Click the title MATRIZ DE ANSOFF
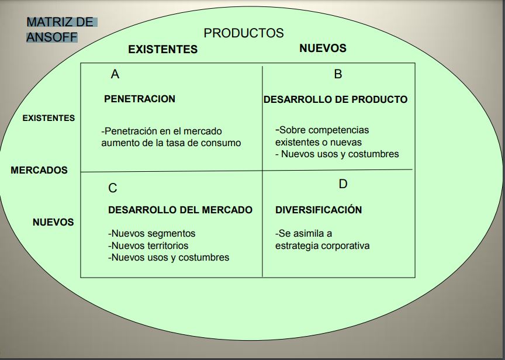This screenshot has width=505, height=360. tap(59, 30)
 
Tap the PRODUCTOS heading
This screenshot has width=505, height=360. tap(244, 33)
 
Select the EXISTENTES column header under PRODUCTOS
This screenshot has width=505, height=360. tap(162, 49)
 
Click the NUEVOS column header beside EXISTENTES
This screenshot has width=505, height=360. tap(323, 48)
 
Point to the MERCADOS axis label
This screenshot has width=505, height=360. tap(39, 170)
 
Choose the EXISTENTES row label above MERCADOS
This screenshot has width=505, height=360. tap(49, 118)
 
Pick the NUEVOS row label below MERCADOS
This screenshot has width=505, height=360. tap(53, 222)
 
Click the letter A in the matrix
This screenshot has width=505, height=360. tap(115, 74)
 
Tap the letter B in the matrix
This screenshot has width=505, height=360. tap(338, 74)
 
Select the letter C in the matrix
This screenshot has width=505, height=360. tap(113, 188)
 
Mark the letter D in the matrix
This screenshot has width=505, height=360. tap(343, 184)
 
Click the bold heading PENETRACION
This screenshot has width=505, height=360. tap(140, 99)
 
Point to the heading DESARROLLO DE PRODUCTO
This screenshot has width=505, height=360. tap(335, 99)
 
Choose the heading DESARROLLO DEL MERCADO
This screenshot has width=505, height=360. tap(181, 210)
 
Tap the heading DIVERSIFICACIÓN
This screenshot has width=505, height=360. tap(319, 210)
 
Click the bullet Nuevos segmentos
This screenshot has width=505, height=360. tap(152, 233)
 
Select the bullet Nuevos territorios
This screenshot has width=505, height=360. tap(148, 245)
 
